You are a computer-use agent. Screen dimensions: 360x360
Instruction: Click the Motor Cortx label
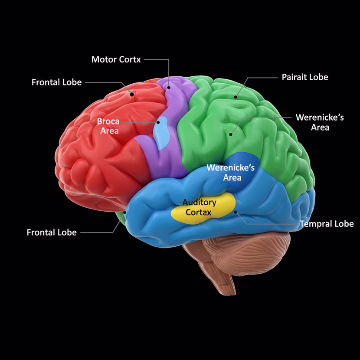point(116,59)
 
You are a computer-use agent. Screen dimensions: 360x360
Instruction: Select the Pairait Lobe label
point(304,77)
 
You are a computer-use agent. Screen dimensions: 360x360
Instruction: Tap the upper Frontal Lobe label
point(56,82)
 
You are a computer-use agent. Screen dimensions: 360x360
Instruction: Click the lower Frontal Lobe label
point(52,232)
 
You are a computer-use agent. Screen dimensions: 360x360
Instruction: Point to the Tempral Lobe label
point(327,224)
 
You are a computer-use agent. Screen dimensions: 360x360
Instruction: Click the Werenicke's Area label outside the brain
point(320,122)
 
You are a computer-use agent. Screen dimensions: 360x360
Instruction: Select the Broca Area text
point(108,126)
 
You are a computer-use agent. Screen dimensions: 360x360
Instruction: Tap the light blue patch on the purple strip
point(163,132)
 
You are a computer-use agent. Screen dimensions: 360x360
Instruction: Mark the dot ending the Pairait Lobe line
point(236,96)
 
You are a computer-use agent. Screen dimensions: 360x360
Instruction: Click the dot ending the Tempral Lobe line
point(236,213)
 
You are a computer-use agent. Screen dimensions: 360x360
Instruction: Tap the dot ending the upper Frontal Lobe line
point(131,93)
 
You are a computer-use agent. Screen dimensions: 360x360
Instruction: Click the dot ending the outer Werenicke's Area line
point(231,134)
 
